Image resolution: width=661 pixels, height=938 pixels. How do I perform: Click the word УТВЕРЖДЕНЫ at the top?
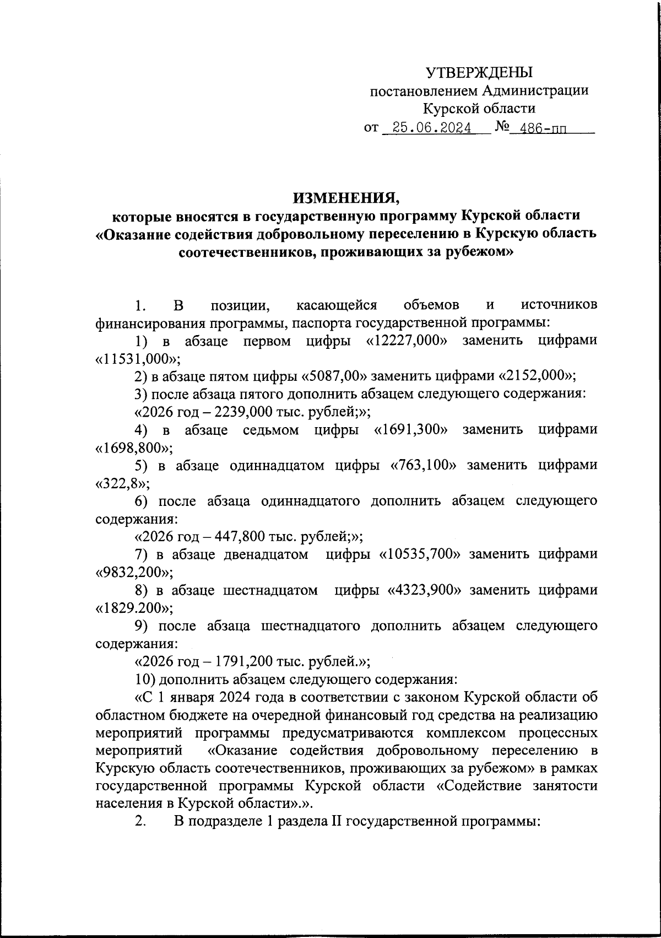coord(480,72)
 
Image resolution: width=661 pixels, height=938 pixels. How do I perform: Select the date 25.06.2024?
coord(428,128)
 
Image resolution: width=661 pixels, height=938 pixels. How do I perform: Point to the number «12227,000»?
coord(407,341)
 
